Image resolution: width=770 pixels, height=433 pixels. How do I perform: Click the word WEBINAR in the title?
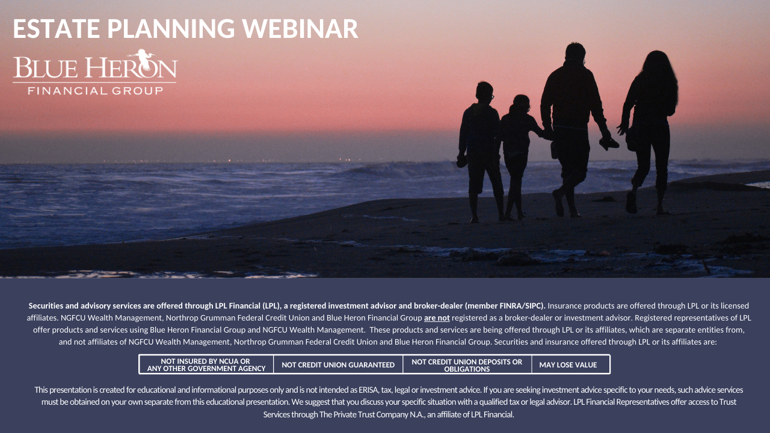coord(300,28)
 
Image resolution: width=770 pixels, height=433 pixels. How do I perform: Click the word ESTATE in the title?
coord(57,28)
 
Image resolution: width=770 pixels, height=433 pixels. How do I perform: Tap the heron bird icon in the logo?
coord(143,59)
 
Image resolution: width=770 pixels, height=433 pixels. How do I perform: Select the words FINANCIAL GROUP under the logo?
coord(95,91)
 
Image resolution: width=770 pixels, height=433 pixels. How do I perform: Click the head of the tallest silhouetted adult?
coord(575,52)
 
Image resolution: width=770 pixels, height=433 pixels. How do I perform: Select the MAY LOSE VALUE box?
coord(571,364)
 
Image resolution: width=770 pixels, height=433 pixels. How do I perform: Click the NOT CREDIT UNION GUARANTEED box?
coord(338,364)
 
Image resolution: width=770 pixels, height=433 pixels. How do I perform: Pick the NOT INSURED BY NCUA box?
coord(206,364)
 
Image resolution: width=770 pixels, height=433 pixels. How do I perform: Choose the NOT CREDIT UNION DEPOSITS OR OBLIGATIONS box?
coord(467,364)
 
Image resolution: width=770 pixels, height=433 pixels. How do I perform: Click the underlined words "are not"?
coord(437,318)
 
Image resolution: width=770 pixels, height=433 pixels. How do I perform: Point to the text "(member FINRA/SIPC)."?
coord(505,306)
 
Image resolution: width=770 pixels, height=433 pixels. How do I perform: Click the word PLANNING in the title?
coord(171,28)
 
